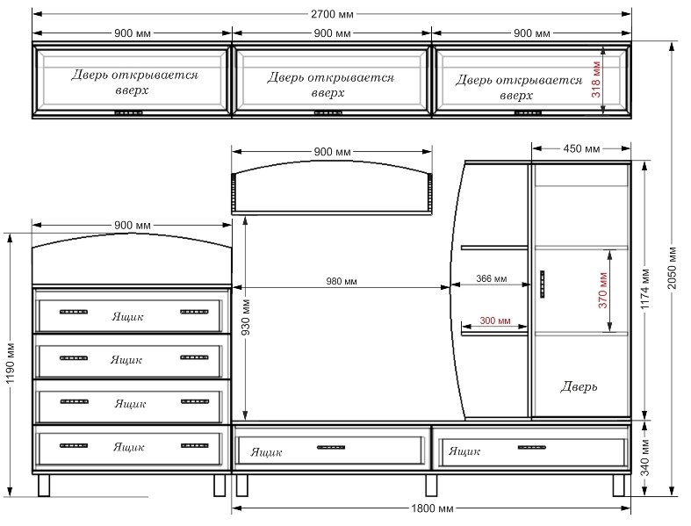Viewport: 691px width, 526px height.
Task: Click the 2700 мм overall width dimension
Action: pyautogui.click(x=332, y=14)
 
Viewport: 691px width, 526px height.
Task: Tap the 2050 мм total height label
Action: pyautogui.click(x=672, y=268)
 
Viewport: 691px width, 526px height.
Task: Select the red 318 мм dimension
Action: pyautogui.click(x=596, y=79)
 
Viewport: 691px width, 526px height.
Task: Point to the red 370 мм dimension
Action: pyautogui.click(x=603, y=290)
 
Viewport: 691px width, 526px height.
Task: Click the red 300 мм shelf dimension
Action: pyautogui.click(x=495, y=321)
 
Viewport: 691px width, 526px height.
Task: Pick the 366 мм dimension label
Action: pyautogui.click(x=492, y=278)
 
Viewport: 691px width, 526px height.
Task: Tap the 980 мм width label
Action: pyautogui.click(x=342, y=281)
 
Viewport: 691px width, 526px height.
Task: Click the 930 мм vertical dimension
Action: pyautogui.click(x=246, y=317)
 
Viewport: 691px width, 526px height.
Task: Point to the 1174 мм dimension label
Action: pyautogui.click(x=644, y=289)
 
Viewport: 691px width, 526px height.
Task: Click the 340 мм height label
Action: pyautogui.click(x=644, y=458)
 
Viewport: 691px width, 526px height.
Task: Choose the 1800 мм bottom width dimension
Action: pyautogui.click(x=432, y=508)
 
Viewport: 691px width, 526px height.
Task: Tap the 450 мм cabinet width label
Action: pyautogui.click(x=581, y=148)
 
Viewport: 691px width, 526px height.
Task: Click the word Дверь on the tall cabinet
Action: pyautogui.click(x=579, y=386)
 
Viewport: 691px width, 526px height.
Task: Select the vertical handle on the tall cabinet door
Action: pyautogui.click(x=543, y=285)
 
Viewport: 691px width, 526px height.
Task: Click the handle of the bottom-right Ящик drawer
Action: pyautogui.click(x=531, y=448)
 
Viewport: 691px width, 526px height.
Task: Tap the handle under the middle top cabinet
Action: pyautogui.click(x=328, y=113)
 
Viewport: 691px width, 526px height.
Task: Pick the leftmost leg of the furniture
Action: pyautogui.click(x=44, y=486)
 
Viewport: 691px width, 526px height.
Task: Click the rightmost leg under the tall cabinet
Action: pyautogui.click(x=619, y=486)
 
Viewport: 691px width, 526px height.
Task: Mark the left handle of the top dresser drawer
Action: pyautogui.click(x=74, y=312)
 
